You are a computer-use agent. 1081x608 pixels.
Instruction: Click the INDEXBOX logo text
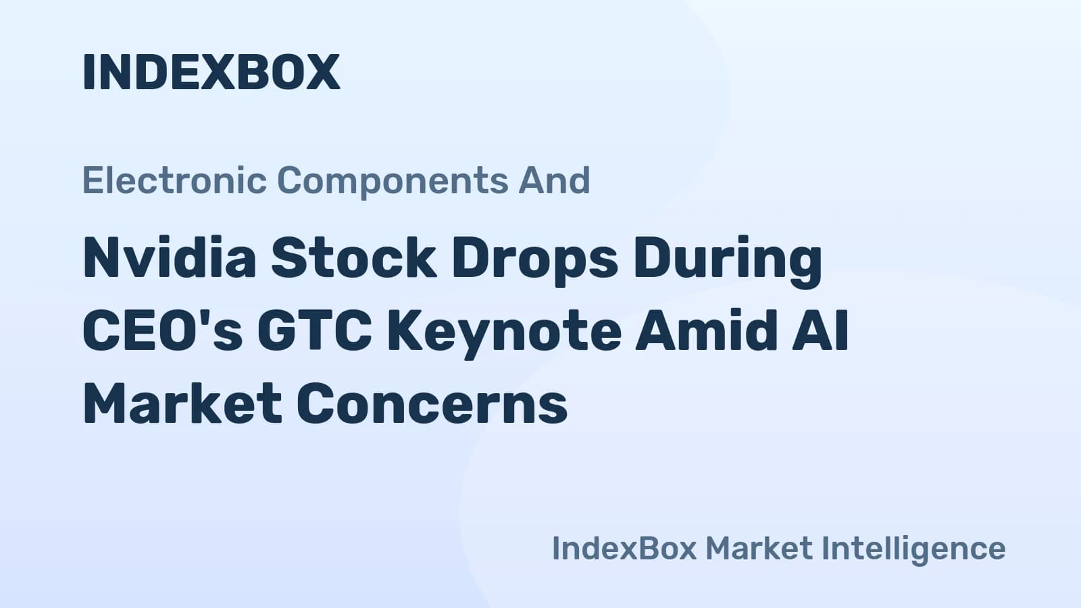(211, 72)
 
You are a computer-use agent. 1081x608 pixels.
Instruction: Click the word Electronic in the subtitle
(175, 180)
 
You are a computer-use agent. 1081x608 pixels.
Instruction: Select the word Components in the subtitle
(393, 182)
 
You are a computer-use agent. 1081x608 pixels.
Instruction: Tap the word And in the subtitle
(554, 180)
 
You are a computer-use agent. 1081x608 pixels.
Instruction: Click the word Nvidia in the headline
(170, 257)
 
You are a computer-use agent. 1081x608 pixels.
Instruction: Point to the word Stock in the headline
(354, 257)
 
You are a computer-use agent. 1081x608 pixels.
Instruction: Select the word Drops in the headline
(534, 261)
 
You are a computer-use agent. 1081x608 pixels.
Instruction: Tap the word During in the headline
(728, 261)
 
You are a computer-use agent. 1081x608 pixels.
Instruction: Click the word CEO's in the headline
(163, 330)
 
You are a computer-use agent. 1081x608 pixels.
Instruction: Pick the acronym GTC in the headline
(315, 330)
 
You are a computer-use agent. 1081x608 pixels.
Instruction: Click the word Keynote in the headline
(504, 333)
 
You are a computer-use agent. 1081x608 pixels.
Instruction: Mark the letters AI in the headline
(820, 330)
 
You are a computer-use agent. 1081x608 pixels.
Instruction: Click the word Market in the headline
(182, 403)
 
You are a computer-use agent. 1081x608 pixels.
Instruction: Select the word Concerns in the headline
(432, 403)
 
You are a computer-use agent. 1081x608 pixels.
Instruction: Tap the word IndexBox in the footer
(624, 548)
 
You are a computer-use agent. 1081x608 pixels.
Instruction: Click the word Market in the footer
(759, 548)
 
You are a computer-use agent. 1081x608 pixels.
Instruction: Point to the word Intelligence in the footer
(913, 550)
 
